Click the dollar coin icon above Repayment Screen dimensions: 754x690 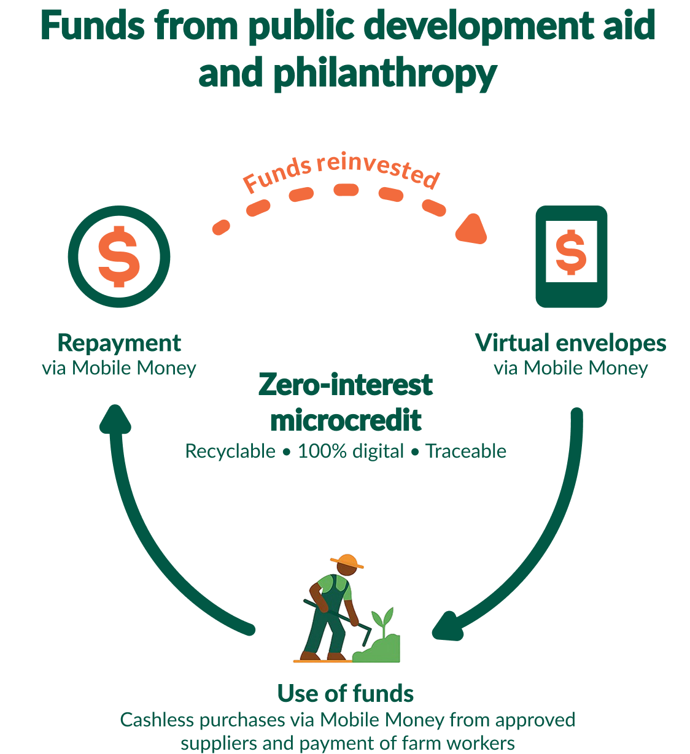[x=118, y=256]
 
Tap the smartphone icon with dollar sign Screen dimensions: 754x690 [x=571, y=256]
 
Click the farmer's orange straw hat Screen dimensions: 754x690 [x=347, y=560]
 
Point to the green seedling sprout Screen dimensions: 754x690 [x=384, y=620]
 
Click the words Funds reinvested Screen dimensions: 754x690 [x=341, y=171]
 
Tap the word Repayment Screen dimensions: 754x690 [x=119, y=343]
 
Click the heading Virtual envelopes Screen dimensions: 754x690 [x=570, y=343]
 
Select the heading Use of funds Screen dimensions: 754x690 [x=346, y=693]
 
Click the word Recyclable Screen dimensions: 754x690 [x=230, y=452]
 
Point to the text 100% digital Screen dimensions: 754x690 [x=351, y=452]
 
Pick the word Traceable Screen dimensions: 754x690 [x=467, y=452]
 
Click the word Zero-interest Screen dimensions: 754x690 [x=346, y=385]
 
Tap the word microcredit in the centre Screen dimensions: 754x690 [x=346, y=420]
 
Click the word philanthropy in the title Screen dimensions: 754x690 [x=384, y=74]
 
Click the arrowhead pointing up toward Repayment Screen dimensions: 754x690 [x=115, y=420]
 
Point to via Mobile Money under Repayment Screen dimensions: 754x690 [x=119, y=368]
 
